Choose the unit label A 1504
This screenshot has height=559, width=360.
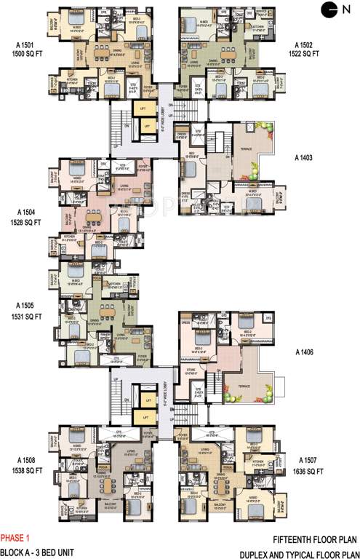tap(24, 215)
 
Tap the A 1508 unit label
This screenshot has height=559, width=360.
tap(24, 460)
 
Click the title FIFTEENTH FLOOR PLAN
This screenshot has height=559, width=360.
tap(314, 539)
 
